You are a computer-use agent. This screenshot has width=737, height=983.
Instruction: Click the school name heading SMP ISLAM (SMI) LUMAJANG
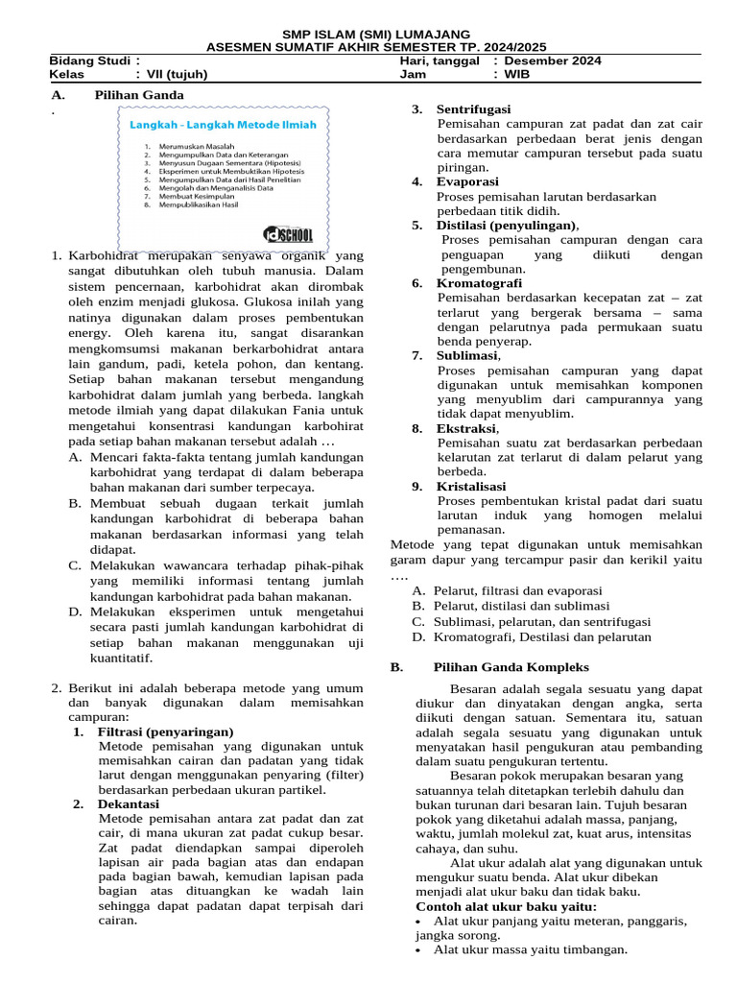(x=368, y=34)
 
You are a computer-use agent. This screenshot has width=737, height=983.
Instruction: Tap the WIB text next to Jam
(x=516, y=74)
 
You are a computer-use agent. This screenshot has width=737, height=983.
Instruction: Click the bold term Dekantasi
(x=129, y=803)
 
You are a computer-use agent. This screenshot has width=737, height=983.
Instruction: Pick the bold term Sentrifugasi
(x=473, y=109)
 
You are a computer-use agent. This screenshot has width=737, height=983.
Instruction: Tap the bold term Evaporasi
(x=467, y=181)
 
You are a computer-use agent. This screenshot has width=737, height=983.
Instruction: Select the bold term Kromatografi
(x=479, y=283)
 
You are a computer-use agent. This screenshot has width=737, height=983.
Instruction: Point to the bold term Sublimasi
(x=468, y=355)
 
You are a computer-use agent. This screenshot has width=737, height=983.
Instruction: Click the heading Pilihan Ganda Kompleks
(x=511, y=667)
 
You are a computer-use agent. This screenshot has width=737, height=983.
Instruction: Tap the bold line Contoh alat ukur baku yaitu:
(x=506, y=907)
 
